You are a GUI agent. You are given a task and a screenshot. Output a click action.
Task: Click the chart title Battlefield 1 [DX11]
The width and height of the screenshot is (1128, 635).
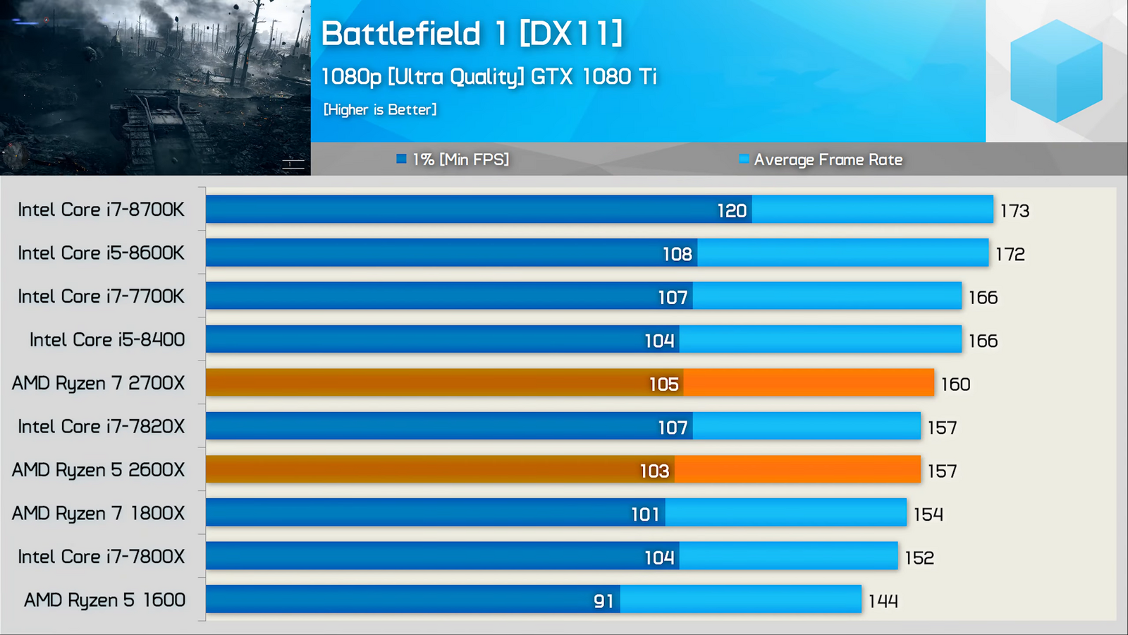coord(472,34)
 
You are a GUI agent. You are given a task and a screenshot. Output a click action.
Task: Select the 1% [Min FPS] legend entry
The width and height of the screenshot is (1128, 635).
coord(453,159)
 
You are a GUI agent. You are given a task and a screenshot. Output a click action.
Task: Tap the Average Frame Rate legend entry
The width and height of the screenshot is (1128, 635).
coord(821,159)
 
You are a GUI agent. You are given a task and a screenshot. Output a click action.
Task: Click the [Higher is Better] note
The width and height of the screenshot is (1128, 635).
coord(380,109)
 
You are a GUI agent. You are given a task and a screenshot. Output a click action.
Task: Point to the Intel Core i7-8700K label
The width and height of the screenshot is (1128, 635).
coord(101,210)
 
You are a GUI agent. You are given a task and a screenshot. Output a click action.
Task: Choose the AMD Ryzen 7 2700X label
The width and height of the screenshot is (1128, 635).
coord(98,383)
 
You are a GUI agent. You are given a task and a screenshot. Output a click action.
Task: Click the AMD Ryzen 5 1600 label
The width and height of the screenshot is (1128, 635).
coord(104,600)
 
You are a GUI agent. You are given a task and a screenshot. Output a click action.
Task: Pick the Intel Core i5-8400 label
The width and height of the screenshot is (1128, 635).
coord(107,339)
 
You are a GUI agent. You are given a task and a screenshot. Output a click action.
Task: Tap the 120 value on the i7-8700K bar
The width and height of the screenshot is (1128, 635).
coord(732,210)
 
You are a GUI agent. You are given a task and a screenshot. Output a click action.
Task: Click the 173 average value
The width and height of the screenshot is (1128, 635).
coord(1014,211)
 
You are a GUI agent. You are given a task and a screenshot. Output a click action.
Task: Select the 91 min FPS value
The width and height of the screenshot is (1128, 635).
coord(603,601)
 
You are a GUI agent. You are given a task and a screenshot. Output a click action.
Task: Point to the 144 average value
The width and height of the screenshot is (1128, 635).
coord(883,601)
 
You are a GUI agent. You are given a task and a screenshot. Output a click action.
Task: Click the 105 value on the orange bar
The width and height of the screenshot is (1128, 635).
coord(663,385)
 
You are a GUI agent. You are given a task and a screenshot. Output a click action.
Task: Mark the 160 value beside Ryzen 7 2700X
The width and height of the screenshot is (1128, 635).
coord(955,385)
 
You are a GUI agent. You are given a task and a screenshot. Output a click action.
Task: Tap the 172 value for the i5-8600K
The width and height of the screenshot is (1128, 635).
coord(1010,254)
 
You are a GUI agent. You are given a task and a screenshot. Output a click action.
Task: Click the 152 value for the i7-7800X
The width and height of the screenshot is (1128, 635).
coord(919,558)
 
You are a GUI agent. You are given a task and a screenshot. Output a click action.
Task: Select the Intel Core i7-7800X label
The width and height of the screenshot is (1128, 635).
coord(101,557)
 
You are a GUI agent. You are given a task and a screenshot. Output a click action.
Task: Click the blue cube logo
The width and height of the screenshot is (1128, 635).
coord(1056,71)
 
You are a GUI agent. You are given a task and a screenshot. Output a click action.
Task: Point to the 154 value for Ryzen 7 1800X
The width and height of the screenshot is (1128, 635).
coord(928,514)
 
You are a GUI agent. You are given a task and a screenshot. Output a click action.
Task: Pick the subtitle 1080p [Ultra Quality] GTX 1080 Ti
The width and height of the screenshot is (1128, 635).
coord(489,76)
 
